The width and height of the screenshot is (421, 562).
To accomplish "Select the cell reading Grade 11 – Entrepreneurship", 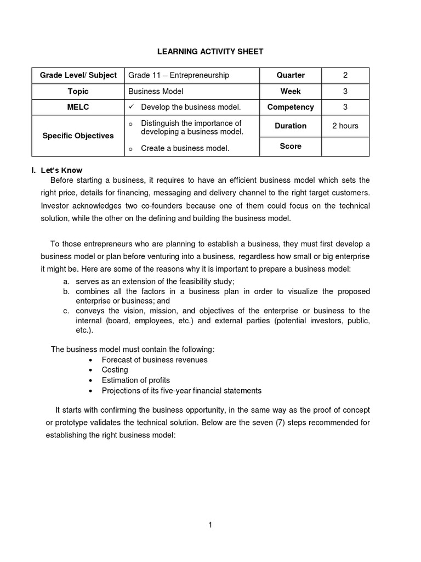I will pos(179,75).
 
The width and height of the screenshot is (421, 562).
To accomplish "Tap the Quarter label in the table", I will pos(291,75).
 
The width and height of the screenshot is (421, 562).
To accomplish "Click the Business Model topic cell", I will pos(156,91).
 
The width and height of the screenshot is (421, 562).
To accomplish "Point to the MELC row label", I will pos(78,107).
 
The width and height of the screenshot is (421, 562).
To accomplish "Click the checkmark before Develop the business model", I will pos(132,107).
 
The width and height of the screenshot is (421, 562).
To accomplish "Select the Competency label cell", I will pos(291,107).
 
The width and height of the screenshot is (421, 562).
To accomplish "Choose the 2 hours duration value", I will pos(345,126).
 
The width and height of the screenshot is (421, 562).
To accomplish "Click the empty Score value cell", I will pos(345,147).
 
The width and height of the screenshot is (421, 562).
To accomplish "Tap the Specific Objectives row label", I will pos(78,136).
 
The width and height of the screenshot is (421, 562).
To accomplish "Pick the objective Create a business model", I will pos(185,148).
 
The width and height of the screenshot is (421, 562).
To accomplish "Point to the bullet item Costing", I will pos(115,370).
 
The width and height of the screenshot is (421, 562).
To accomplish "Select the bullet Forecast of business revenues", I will pos(155,359).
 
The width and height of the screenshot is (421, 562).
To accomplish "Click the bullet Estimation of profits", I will pos(136,380).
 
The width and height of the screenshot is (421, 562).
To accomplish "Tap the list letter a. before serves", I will pos(66,281).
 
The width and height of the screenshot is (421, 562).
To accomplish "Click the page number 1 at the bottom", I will pos(210,525).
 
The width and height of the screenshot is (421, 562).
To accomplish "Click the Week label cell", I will pos(291,91).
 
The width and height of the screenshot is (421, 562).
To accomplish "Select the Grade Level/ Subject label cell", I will pos(78,75).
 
